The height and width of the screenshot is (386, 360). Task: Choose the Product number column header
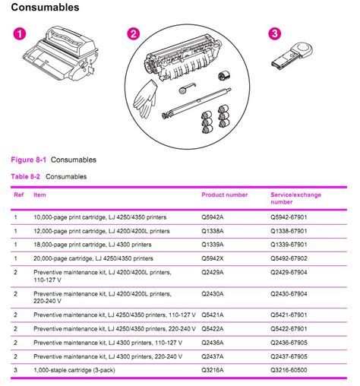pyautogui.click(x=224, y=195)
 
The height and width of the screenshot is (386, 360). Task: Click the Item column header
pyautogui.click(x=39, y=195)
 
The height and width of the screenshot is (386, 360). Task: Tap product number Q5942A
pyautogui.click(x=215, y=217)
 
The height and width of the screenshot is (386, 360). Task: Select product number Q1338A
pyautogui.click(x=215, y=230)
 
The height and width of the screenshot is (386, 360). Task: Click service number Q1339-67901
pyautogui.click(x=295, y=244)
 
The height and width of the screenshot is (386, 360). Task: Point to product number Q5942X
pyautogui.click(x=215, y=258)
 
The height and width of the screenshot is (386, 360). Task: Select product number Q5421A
pyautogui.click(x=215, y=314)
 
